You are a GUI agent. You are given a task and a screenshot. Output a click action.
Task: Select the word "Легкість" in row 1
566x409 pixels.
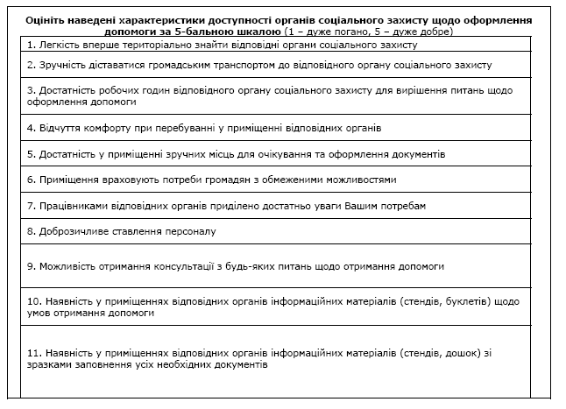click(60, 44)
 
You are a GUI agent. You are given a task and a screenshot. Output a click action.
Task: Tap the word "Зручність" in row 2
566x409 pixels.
click(63, 65)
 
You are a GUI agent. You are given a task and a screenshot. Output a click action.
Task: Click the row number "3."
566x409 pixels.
click(32, 89)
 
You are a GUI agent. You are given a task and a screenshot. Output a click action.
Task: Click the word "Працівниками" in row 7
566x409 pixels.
click(73, 206)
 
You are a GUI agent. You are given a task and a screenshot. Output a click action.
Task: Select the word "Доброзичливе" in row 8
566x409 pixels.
click(73, 231)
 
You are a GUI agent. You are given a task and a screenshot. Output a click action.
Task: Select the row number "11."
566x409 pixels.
click(34, 353)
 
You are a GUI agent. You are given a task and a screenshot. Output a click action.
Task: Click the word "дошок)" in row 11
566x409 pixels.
click(459, 353)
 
